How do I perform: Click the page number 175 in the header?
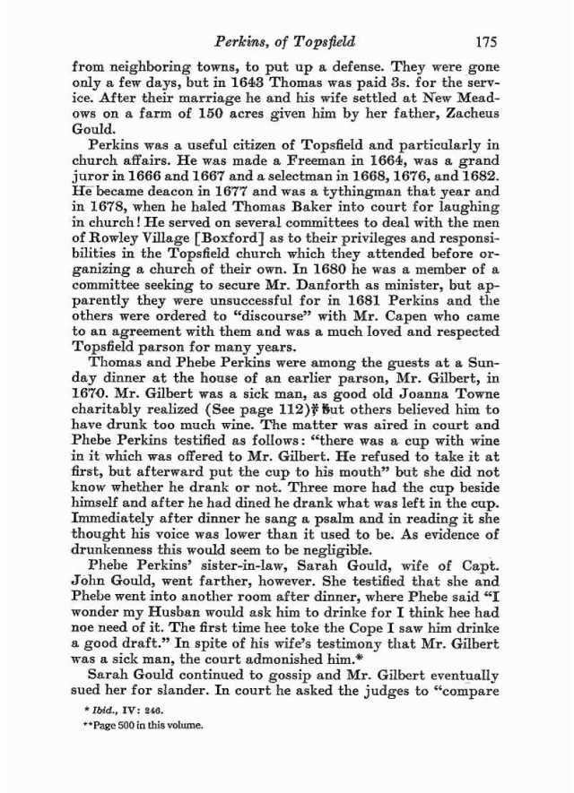coord(486,40)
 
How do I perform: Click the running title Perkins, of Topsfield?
coord(283,40)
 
